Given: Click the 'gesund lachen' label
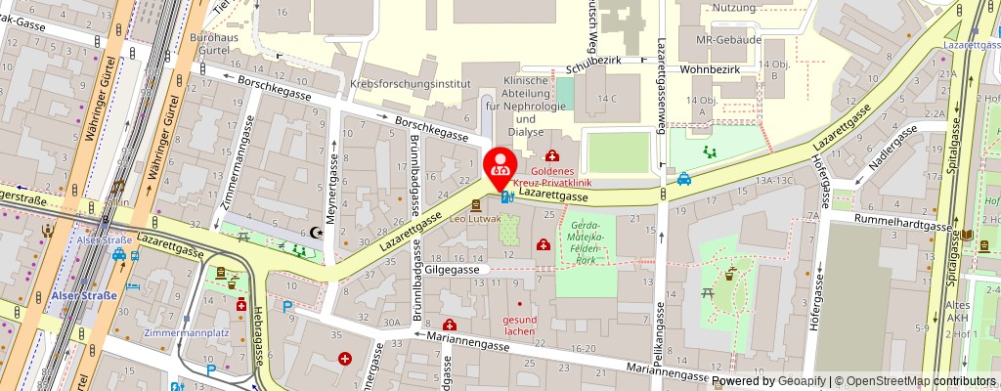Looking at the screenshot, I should [519, 325].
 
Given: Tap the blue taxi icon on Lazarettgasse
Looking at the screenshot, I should [686, 179].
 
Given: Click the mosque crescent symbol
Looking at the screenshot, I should [315, 233].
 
